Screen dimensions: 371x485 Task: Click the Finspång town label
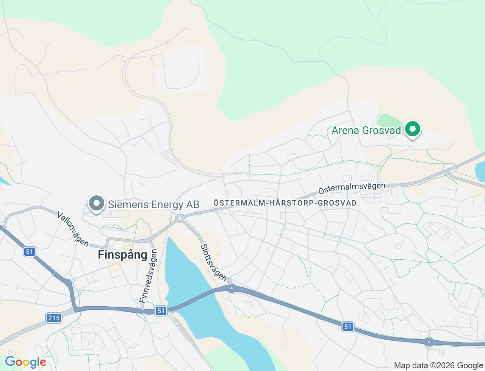tap(122, 255)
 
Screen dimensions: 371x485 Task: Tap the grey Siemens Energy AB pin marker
tap(97, 203)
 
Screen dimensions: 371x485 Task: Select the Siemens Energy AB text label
tap(153, 205)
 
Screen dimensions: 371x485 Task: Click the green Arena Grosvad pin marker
tap(413, 129)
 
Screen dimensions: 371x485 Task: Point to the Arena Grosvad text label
tap(366, 131)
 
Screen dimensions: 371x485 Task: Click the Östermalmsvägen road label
tap(352, 188)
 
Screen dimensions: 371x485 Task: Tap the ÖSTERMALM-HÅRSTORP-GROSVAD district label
tap(285, 203)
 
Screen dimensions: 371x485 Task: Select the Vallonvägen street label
tap(73, 229)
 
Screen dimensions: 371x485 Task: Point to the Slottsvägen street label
tap(214, 263)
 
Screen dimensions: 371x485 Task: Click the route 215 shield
tap(54, 318)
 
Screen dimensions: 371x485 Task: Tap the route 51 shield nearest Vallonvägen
tap(29, 252)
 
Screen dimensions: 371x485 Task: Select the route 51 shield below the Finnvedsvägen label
tap(161, 311)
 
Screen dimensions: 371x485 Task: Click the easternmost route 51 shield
tap(348, 326)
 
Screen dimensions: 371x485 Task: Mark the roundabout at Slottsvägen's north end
tap(180, 218)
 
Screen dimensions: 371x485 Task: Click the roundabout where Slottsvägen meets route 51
tap(232, 288)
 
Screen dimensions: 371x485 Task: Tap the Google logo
tap(25, 362)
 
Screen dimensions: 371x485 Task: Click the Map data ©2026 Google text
tap(438, 365)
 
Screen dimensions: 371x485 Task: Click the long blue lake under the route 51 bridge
tap(189, 280)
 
